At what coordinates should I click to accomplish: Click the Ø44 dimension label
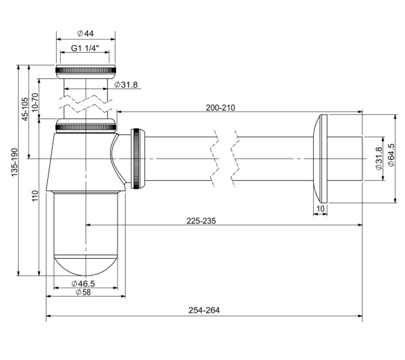[x=86, y=33]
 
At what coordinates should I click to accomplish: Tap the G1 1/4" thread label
[x=85, y=48]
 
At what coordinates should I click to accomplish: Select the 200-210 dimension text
[x=220, y=107]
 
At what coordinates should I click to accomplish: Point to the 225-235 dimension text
[x=201, y=221]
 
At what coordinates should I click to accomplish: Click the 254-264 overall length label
[x=204, y=310]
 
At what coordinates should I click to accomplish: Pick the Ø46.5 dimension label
[x=83, y=284]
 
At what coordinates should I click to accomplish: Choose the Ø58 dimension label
[x=83, y=292]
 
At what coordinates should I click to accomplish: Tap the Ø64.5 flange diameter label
[x=391, y=155]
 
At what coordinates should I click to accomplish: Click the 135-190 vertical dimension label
[x=14, y=162]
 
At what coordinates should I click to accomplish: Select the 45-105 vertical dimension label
[x=25, y=109]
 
